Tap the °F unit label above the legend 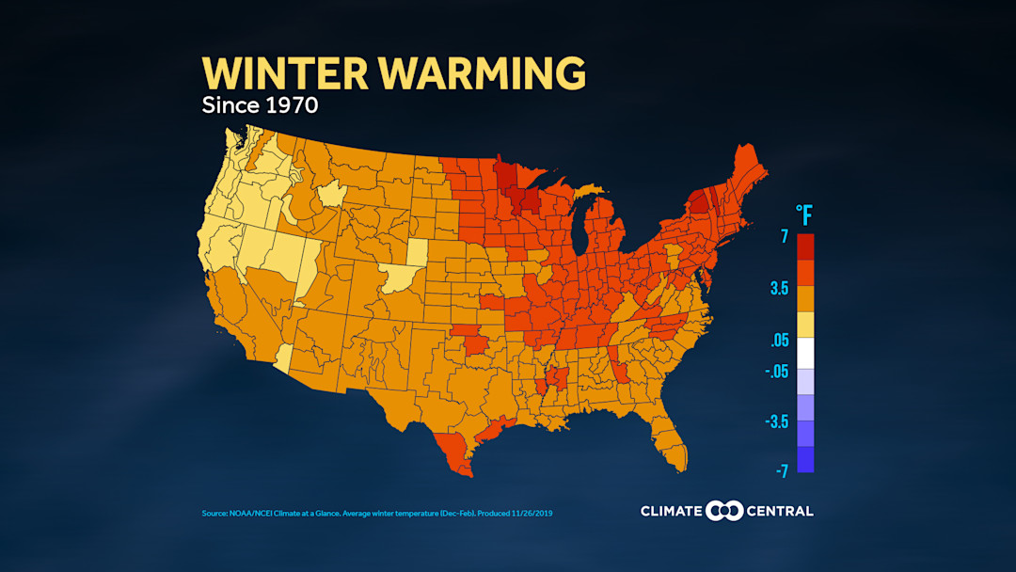pyautogui.click(x=804, y=215)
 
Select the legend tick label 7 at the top pyautogui.click(x=784, y=237)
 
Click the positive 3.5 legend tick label pyautogui.click(x=779, y=289)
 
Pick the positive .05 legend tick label pyautogui.click(x=779, y=341)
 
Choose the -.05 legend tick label pyautogui.click(x=776, y=371)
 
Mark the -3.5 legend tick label pyautogui.click(x=776, y=421)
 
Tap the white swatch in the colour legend pyautogui.click(x=805, y=352)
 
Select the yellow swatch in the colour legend pyautogui.click(x=805, y=325)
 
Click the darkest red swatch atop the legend pyautogui.click(x=805, y=246)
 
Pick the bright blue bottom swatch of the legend pyautogui.click(x=805, y=459)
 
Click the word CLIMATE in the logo pyautogui.click(x=671, y=511)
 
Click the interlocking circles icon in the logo pyautogui.click(x=724, y=511)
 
